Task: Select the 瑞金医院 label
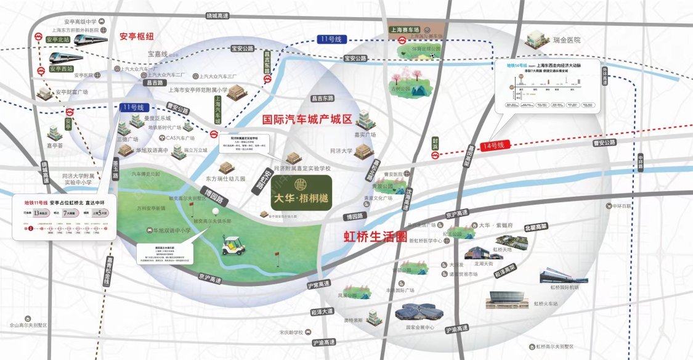tap(567, 40)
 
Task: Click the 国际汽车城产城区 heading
tap(307, 119)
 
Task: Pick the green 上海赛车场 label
tap(405, 29)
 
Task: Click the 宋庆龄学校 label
tap(290, 332)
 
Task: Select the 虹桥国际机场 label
tap(565, 287)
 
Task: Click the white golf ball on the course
tap(215, 211)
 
